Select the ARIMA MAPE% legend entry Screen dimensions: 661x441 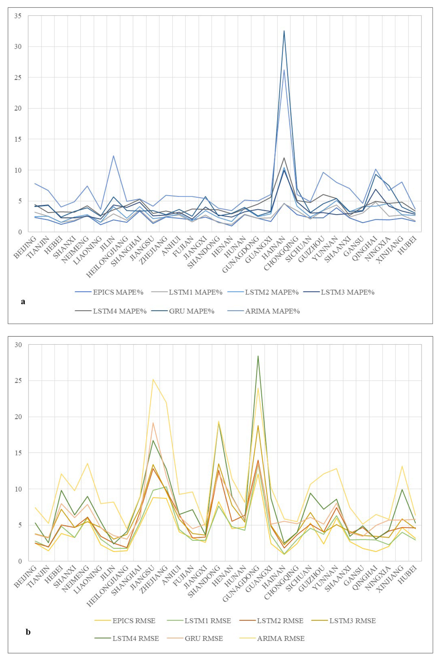[x=272, y=311]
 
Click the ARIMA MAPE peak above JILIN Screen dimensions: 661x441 [x=114, y=156]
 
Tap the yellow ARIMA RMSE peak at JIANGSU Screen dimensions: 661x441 [x=153, y=379]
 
